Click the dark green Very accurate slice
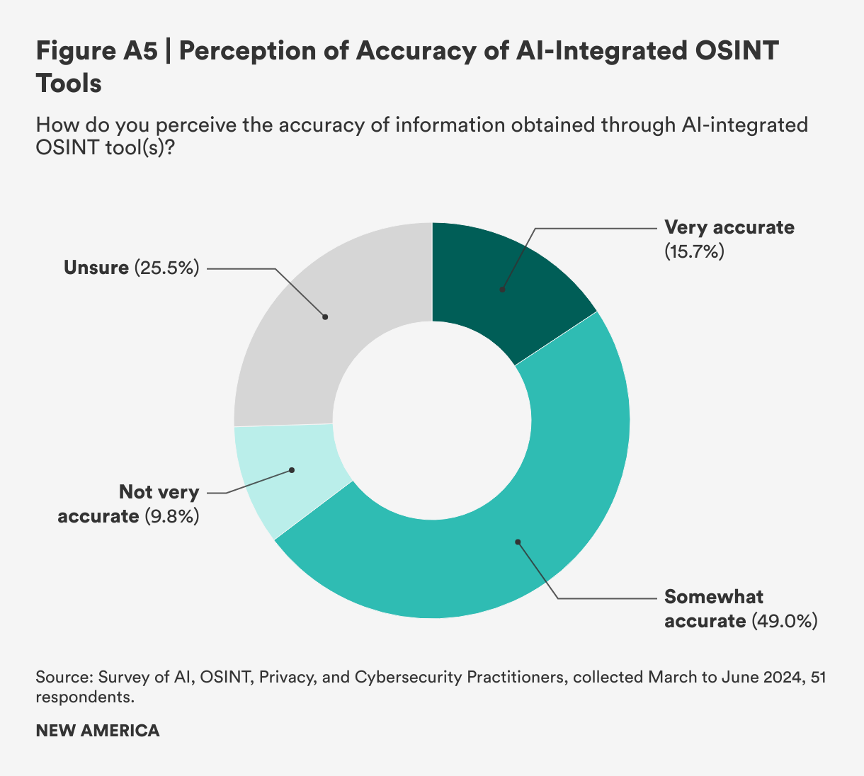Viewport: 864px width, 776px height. pos(496,276)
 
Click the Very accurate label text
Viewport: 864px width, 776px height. pos(729,227)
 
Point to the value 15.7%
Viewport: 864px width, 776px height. pos(694,251)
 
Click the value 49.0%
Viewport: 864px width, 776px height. pos(785,622)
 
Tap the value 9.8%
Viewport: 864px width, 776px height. pos(171,516)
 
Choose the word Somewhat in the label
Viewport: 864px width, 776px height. pos(714,597)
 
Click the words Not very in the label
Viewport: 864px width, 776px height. pos(159,492)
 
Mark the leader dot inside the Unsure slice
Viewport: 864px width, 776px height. pos(325,316)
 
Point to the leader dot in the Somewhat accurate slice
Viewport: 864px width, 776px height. pos(518,542)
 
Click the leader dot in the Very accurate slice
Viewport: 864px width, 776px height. pos(502,289)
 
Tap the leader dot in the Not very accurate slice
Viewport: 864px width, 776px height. pos(291,470)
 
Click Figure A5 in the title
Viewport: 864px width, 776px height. pos(96,52)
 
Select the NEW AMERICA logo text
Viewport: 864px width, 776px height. pos(98,731)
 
